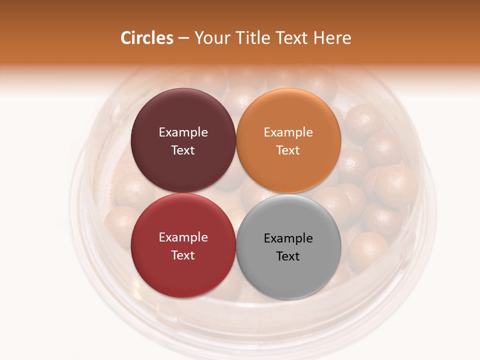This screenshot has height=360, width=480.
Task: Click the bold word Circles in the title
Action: [x=146, y=38]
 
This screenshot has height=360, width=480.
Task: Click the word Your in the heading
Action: [x=212, y=38]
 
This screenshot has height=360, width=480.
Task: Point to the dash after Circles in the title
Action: [x=183, y=38]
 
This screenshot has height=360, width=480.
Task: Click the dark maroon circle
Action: [x=183, y=115]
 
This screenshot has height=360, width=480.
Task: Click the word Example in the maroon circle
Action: [x=183, y=132]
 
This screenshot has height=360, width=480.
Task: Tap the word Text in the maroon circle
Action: [x=183, y=150]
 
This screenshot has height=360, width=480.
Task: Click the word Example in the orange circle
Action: [x=288, y=132]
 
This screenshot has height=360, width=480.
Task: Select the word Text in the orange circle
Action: [x=288, y=150]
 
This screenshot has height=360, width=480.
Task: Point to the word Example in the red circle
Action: [x=183, y=237]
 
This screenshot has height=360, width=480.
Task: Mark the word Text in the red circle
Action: [x=183, y=255]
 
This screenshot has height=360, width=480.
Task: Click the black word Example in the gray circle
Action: [x=288, y=238]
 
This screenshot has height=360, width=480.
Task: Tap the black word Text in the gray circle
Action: [x=288, y=256]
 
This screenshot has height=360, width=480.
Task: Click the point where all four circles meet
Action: [x=236, y=193]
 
